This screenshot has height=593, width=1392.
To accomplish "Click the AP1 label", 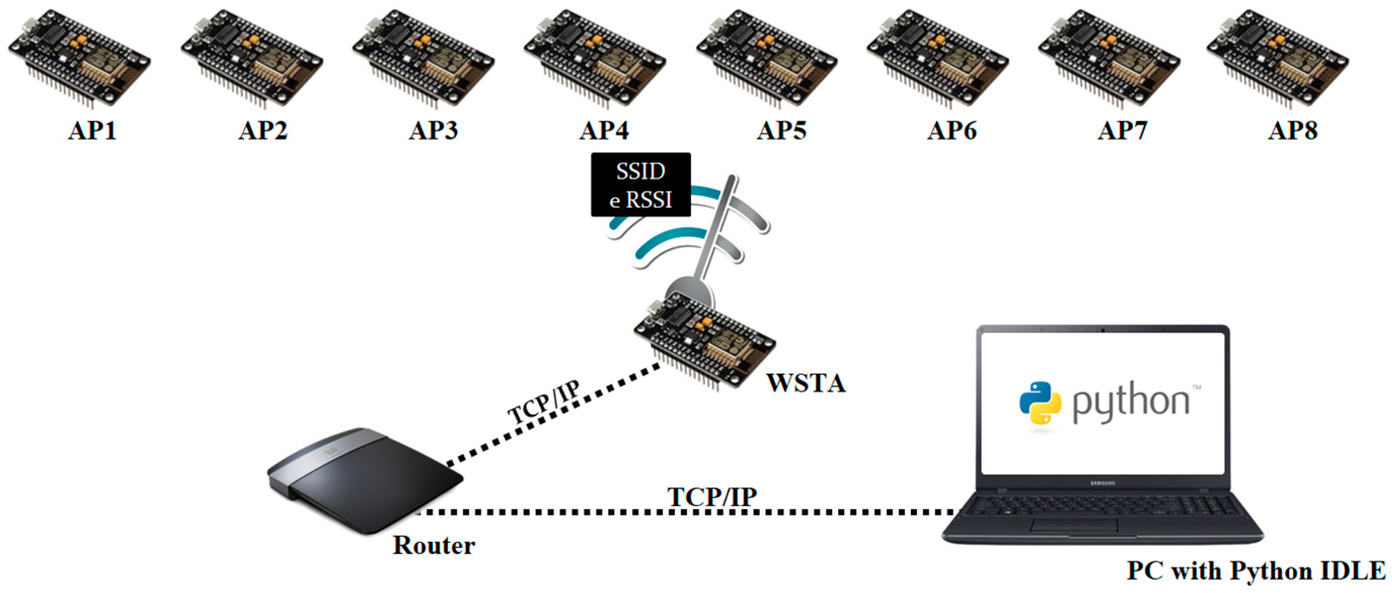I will coord(92,130).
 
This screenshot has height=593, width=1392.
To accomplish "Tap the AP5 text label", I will coord(782,130).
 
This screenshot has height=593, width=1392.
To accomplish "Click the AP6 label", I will coord(952,130).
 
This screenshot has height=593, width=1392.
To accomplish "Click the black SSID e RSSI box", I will coord(640,185).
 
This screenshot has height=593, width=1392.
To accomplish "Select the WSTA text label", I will coord(805,383).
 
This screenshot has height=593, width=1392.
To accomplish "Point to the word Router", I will coord(433,545).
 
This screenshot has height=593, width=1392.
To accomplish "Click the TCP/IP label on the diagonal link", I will coord(543,403).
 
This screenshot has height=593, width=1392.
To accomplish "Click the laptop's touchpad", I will coord(1074,525).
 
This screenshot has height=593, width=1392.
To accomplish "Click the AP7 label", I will coord(1122,130).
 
